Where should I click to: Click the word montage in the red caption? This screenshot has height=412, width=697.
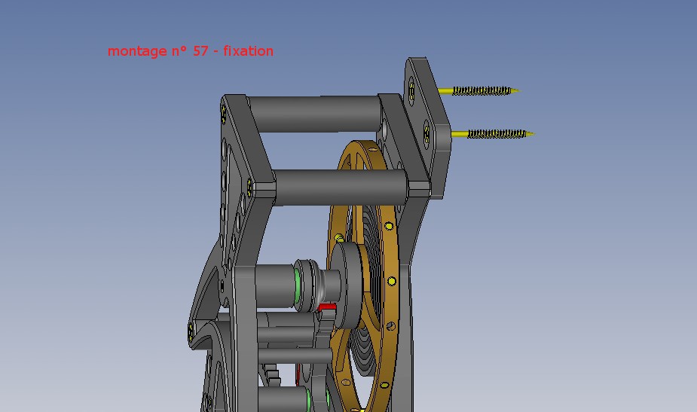pyautogui.click(x=137, y=51)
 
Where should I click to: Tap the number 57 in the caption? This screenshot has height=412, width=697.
pyautogui.click(x=200, y=50)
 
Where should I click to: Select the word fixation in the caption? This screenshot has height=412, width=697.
pyautogui.click(x=248, y=50)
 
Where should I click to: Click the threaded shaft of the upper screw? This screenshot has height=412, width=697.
pyautogui.click(x=481, y=90)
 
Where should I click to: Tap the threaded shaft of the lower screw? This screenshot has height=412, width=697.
pyautogui.click(x=497, y=133)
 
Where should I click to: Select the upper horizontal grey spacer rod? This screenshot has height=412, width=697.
pyautogui.click(x=315, y=114)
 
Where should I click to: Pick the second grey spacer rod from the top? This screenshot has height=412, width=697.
pyautogui.click(x=341, y=187)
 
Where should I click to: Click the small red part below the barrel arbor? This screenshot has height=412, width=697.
pyautogui.click(x=327, y=307)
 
